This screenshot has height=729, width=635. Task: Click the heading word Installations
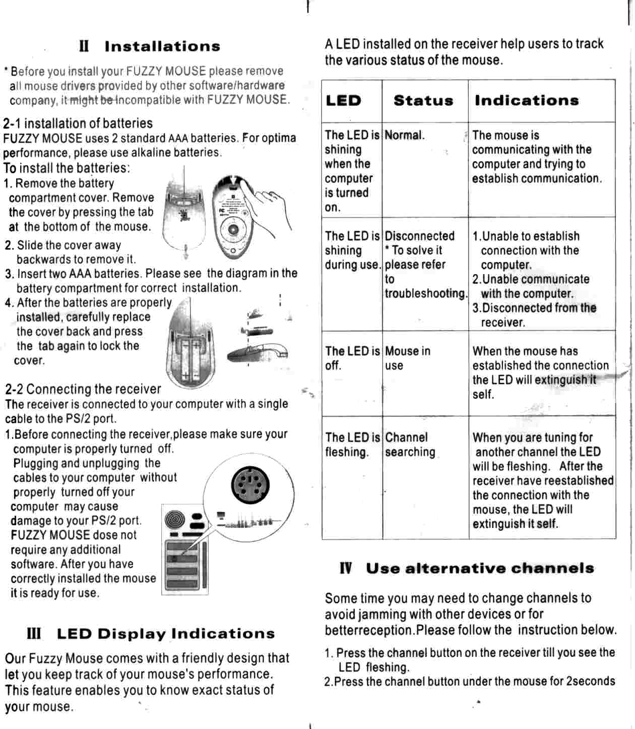(x=162, y=47)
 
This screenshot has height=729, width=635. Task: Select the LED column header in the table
(x=343, y=101)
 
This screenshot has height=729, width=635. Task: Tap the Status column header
(x=423, y=101)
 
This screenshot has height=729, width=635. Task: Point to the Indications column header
(x=527, y=101)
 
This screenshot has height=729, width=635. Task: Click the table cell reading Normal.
(x=405, y=136)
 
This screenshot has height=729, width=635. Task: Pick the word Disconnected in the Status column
(x=419, y=236)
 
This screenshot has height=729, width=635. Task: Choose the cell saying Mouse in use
(x=407, y=358)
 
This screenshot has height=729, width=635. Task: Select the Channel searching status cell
(x=410, y=445)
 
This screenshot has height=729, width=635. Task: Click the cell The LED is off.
(x=352, y=358)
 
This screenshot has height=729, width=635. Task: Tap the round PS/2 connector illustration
(x=250, y=484)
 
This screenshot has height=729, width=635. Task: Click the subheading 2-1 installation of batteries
(x=78, y=123)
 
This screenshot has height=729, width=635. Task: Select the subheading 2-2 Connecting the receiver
(x=83, y=389)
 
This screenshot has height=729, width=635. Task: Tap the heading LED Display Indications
(x=166, y=634)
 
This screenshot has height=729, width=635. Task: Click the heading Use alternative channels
(x=480, y=569)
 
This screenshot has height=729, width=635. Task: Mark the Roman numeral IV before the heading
(x=346, y=569)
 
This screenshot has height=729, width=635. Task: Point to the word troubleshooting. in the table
(x=426, y=294)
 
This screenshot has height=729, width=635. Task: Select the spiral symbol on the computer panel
(x=174, y=518)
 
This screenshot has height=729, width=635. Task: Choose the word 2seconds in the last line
(x=590, y=682)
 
